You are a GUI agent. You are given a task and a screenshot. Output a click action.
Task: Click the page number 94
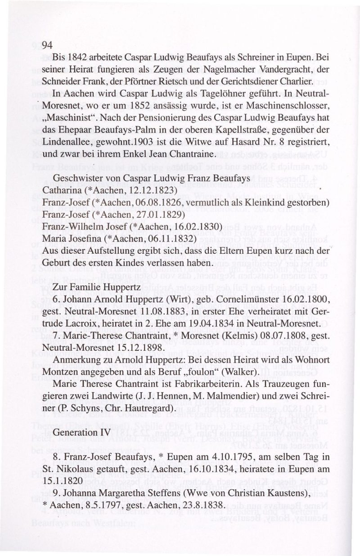[48, 45]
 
